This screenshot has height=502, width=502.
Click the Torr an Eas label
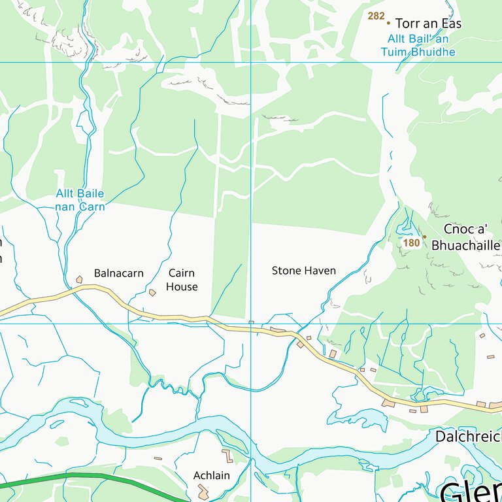point(428,24)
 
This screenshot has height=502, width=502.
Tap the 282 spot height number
point(376,16)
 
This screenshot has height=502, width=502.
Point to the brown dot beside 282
point(388,22)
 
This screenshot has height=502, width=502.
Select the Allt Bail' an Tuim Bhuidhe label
point(421,45)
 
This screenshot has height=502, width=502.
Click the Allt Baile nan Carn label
point(80,200)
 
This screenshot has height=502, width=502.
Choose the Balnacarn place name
point(118,273)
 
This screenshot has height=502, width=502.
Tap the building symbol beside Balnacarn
point(79,280)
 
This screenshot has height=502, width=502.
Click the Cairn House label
point(181,280)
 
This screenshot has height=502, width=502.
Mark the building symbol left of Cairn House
point(152,292)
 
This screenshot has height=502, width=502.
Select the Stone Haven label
point(303,271)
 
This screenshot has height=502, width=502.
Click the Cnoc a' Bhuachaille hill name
point(465,237)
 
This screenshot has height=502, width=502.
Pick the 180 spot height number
point(411,243)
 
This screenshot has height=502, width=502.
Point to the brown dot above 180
point(424,237)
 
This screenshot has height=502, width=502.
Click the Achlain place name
point(211,475)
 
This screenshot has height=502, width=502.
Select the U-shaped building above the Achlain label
point(227,456)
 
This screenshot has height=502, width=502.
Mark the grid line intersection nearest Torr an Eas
point(251,62)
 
